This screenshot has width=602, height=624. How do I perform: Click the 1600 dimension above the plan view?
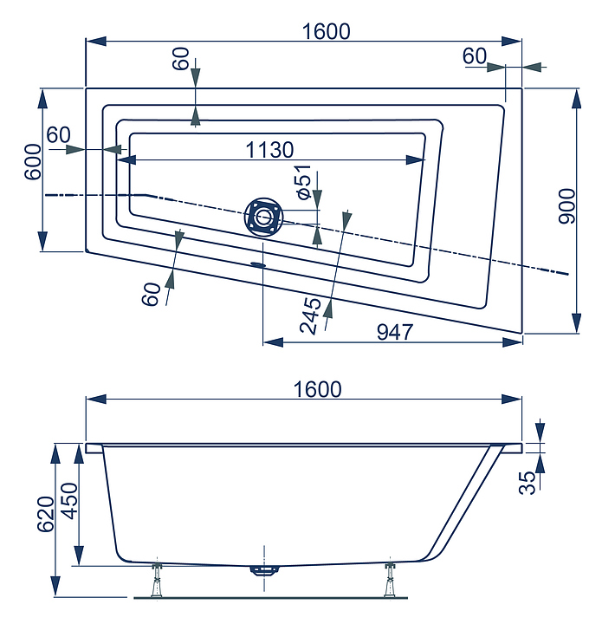point(326,31)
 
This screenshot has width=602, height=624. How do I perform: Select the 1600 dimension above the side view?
point(317,389)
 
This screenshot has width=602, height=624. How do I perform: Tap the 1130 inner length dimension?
point(269,150)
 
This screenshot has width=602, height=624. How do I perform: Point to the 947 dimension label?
point(395,332)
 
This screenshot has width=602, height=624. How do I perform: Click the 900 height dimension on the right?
point(567,206)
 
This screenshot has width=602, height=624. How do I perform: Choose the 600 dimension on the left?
point(33,162)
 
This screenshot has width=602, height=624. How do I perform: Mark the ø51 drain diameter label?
point(303,182)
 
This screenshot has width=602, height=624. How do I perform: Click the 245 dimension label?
point(311,315)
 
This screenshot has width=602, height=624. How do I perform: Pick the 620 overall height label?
point(46,514)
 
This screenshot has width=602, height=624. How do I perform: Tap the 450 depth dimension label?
point(71,501)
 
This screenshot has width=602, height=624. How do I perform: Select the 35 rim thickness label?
point(528,483)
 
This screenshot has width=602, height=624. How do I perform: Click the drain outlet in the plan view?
point(262,218)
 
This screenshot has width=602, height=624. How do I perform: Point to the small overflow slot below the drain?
point(258,263)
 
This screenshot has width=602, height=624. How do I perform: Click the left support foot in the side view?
point(158,580)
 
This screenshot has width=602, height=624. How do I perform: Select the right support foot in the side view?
point(390,580)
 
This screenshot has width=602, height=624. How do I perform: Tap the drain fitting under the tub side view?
point(264,570)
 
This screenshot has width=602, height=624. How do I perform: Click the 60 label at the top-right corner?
point(475,56)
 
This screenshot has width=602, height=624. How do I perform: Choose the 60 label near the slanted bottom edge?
point(151,294)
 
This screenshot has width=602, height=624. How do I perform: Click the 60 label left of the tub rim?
point(58,135)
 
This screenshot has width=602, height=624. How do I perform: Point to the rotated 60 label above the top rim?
point(180,59)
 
